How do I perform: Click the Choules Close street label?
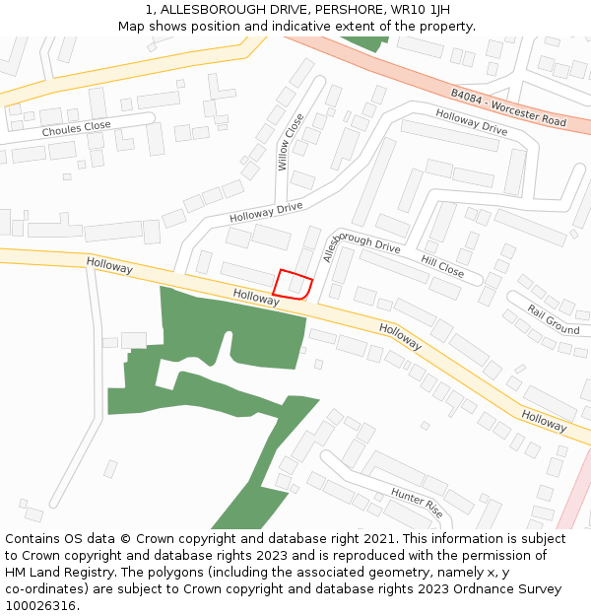click(76, 129)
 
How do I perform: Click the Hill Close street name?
click(442, 265)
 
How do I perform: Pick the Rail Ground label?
click(553, 318)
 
